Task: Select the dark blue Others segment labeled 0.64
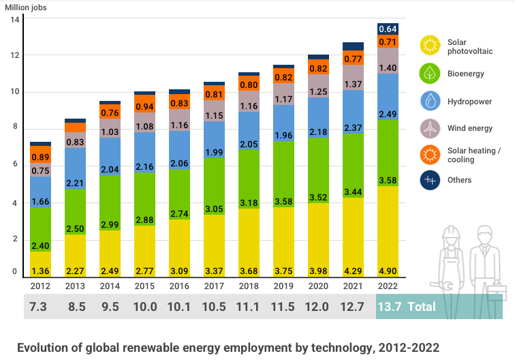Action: click(388, 29)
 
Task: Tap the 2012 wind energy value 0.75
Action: click(41, 171)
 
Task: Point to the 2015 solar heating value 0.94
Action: click(145, 107)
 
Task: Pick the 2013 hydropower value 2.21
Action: click(76, 183)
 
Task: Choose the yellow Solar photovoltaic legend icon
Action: click(431, 46)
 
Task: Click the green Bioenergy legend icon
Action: click(431, 73)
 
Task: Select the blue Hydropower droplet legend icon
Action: click(431, 101)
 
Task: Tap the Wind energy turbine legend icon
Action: click(431, 127)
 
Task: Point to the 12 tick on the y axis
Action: click(14, 55)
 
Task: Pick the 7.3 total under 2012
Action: click(40, 307)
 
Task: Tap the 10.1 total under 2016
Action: click(180, 307)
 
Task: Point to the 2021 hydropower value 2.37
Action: click(353, 166)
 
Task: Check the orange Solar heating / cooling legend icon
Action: click(431, 155)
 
